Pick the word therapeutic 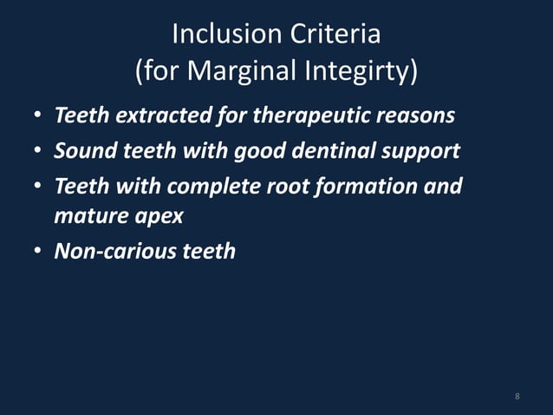(x=309, y=115)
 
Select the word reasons (x=413, y=115)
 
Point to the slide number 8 (x=517, y=397)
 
